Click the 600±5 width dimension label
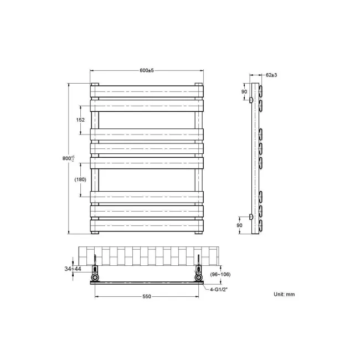pos(147,70)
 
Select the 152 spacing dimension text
pos(80,120)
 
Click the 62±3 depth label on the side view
pos(271,74)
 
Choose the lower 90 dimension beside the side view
pos(239,225)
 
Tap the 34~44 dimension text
pos(72,269)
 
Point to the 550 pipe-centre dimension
pos(147,296)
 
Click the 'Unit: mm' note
pos(284,294)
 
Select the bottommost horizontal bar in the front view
pos(147,225)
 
